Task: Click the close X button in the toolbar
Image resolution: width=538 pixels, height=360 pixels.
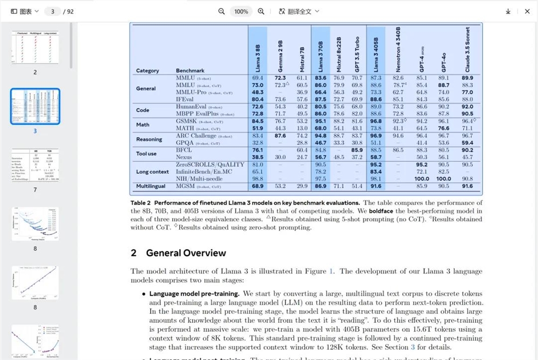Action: coord(527,11)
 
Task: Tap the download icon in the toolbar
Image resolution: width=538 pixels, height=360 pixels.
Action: coord(508,11)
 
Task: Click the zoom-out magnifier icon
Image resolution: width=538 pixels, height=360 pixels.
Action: coord(222,11)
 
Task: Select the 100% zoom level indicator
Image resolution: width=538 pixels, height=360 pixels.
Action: coord(241,11)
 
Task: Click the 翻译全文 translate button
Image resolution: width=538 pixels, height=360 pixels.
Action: coord(299,11)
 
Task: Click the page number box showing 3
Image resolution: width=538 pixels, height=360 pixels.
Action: coord(52,11)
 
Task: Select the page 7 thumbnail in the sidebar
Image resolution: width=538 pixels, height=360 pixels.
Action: coord(35,165)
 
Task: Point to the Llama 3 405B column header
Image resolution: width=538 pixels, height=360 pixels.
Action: coord(376,51)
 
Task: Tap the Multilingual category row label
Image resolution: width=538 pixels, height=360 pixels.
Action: coord(151,186)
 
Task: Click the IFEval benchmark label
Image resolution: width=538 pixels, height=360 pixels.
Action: coord(185,99)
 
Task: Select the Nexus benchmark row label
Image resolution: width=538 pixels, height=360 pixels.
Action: coord(185,157)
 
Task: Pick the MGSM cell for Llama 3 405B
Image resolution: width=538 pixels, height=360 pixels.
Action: coord(376,186)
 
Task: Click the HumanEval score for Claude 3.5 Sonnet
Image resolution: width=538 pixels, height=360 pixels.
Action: coord(468,107)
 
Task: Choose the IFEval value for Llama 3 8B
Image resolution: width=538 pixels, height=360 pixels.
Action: coord(258,99)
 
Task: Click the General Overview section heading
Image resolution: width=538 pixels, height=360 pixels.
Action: coord(179,253)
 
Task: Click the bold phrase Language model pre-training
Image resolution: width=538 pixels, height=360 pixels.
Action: coord(194,294)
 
